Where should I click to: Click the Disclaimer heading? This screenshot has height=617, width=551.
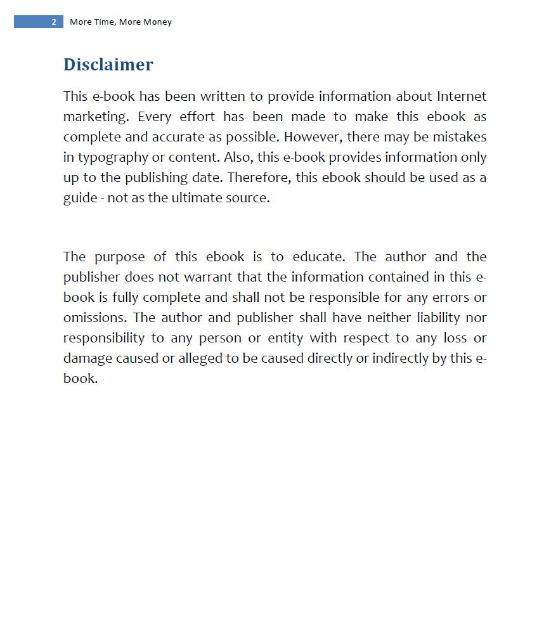point(108,65)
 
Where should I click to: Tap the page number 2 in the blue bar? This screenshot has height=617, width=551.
point(54,22)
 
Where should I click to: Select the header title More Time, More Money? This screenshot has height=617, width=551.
point(120,22)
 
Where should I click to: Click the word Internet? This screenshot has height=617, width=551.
point(462,96)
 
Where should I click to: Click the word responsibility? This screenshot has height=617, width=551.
point(107,338)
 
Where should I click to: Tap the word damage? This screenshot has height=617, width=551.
point(88,358)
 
